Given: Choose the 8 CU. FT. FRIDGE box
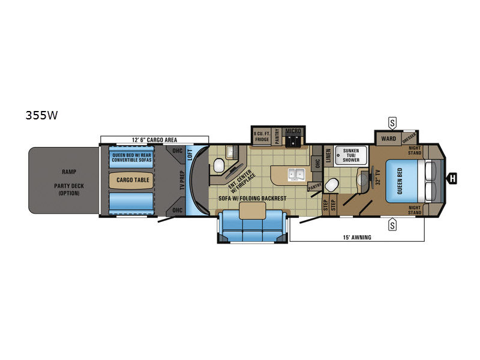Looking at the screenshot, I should coord(262,136).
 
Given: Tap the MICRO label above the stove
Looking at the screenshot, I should coord(293,130).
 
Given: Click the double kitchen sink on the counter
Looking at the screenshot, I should coord(296,175).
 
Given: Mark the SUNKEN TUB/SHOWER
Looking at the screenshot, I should coord(351,155).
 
